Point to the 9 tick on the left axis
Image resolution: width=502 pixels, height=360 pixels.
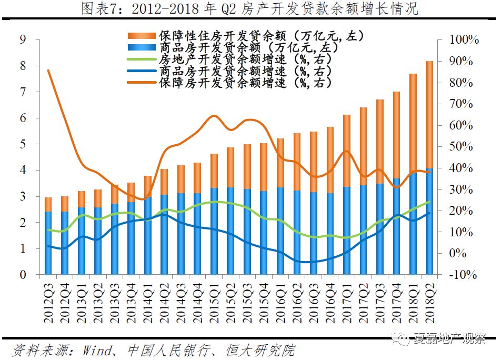pos(23,39)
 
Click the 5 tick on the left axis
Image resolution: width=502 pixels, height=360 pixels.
pos(23,144)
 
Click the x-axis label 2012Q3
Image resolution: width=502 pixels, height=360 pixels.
pos(48,302)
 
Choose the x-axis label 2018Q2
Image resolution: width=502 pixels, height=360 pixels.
pos(429,302)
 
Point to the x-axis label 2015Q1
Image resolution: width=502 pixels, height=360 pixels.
pos(214,302)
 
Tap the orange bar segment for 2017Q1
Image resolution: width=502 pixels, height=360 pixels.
pos(347,151)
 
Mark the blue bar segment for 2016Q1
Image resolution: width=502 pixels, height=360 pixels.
pos(280,231)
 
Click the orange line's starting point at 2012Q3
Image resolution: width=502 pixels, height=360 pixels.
pos(48,71)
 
